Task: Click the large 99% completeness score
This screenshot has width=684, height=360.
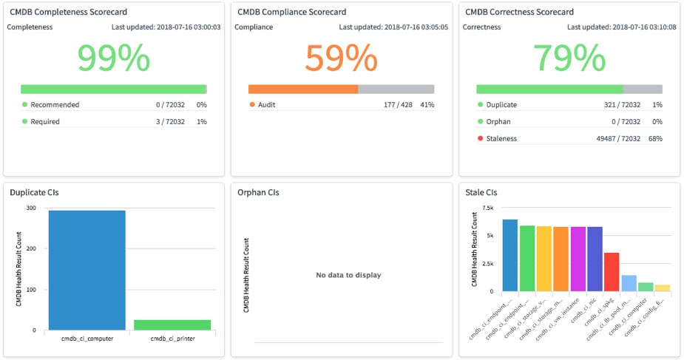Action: [113, 58]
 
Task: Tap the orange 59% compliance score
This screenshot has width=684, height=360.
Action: [341, 58]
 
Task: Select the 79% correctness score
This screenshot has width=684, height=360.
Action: [569, 58]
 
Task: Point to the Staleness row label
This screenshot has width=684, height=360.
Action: [501, 138]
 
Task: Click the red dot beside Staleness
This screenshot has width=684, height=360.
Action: [480, 138]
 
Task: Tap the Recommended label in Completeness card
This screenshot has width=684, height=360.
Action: [55, 105]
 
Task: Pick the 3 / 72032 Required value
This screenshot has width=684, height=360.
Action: [169, 121]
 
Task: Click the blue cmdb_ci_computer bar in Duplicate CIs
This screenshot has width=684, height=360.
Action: [87, 270]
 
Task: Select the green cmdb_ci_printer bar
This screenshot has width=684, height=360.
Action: [172, 325]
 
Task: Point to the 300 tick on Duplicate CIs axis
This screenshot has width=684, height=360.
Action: [30, 208]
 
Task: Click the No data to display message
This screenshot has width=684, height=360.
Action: [348, 275]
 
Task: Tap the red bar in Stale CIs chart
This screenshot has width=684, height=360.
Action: [612, 272]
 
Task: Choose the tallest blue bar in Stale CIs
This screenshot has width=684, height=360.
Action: [509, 255]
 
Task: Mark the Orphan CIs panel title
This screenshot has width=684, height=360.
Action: [258, 192]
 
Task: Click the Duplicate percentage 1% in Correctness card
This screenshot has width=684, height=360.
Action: [657, 105]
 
